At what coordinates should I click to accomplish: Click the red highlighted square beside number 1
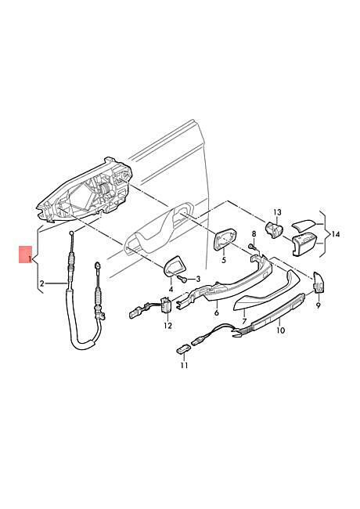point(25,254)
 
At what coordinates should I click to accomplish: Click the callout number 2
point(41,283)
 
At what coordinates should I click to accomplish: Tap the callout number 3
point(197,279)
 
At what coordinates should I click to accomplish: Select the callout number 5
point(224,260)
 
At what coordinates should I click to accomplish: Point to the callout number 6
point(216,312)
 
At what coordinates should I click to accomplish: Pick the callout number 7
point(244,321)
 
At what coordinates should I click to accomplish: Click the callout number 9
point(318,305)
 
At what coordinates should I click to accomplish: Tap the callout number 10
point(281,330)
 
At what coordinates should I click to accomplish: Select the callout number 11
point(184,366)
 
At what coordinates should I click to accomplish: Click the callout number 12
point(167,326)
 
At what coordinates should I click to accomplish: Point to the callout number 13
point(278,213)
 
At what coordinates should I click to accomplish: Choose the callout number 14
point(336,234)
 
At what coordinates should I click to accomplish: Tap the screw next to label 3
point(183,279)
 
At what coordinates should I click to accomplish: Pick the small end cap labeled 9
point(319,283)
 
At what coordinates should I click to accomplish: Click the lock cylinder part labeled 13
point(274,229)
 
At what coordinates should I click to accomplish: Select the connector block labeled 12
point(167,305)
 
